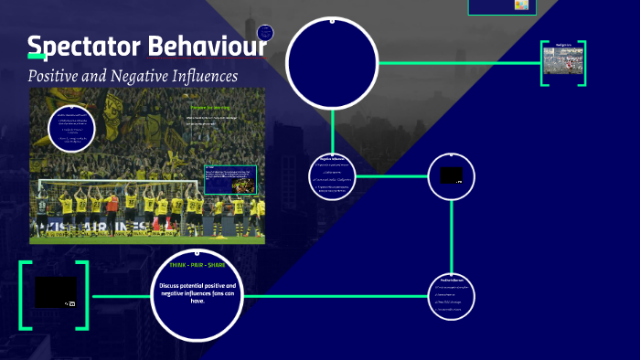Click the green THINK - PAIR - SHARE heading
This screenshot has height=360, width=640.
[x=197, y=265]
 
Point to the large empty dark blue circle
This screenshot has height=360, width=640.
[x=332, y=62]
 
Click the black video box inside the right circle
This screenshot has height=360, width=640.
[x=451, y=175]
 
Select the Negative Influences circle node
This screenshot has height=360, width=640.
[x=333, y=174]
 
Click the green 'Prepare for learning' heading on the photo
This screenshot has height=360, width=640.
[x=209, y=107]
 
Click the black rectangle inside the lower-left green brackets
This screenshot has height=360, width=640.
[x=56, y=292]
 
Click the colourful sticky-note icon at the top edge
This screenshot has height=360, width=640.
[x=521, y=5]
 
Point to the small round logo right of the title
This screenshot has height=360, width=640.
[x=266, y=32]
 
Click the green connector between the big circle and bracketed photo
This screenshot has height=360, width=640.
[x=457, y=63]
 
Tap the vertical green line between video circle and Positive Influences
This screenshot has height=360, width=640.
[x=452, y=238]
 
